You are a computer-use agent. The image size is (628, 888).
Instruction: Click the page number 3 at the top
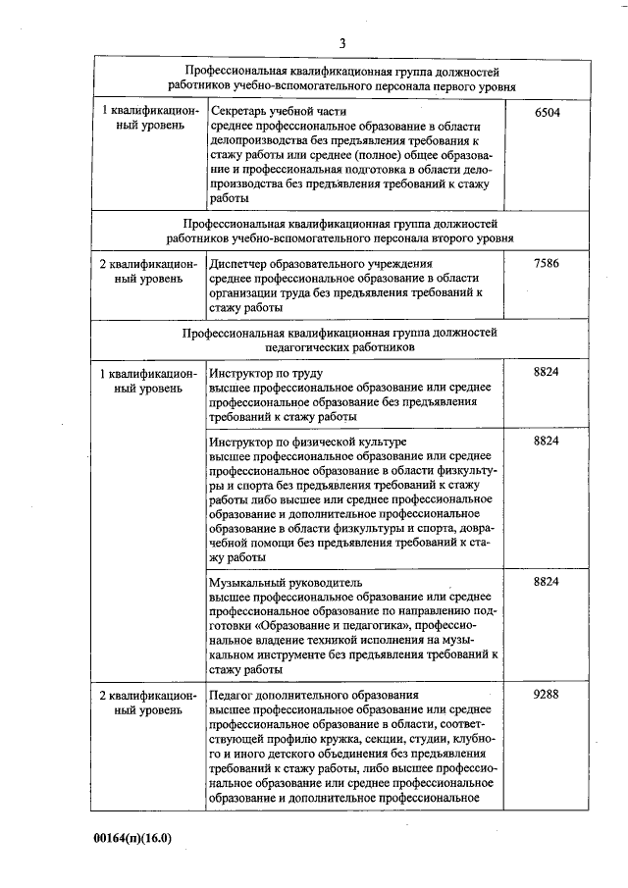pyautogui.click(x=342, y=42)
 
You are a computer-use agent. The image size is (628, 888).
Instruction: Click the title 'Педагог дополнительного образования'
pyautogui.click(x=314, y=694)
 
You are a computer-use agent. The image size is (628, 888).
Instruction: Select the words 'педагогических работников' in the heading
pyautogui.click(x=340, y=346)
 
